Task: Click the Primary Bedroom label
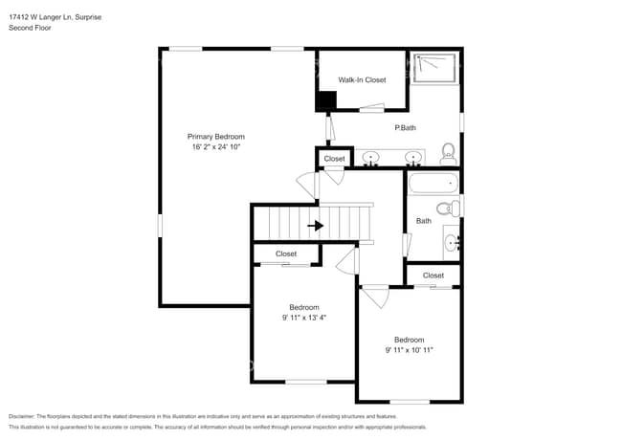tap(215, 137)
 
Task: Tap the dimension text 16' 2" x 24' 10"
tap(215, 147)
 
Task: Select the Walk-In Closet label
tap(362, 80)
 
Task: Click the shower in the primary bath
tap(435, 67)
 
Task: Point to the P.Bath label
tap(405, 127)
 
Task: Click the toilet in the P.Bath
tap(447, 153)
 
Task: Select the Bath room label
tap(423, 221)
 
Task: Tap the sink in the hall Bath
tap(453, 243)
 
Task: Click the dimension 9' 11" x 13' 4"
tap(304, 318)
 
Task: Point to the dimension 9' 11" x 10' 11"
tap(409, 350)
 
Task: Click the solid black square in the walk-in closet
tap(326, 100)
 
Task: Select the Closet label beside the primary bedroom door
tap(334, 159)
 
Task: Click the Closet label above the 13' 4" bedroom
tap(286, 253)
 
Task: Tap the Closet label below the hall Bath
tap(433, 275)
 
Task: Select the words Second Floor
tap(30, 29)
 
